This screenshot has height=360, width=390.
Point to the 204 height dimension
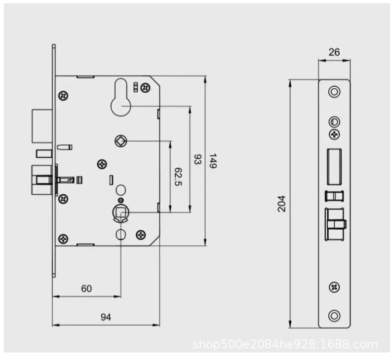tap(281, 203)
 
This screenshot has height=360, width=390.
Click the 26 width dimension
tap(334, 53)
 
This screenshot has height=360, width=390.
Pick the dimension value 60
tap(86, 289)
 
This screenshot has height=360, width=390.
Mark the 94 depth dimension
tap(106, 318)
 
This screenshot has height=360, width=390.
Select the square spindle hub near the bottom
tap(121, 213)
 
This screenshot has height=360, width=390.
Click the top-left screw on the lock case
tap(63, 95)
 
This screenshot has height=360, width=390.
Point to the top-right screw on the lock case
tap(145, 87)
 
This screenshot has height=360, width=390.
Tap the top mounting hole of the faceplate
tap(334, 92)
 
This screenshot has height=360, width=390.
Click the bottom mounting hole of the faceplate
tap(334, 315)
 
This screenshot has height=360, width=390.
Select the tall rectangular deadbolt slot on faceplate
tap(334, 164)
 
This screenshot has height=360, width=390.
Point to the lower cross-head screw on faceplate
tap(334, 287)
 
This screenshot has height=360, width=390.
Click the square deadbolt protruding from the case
tap(40, 125)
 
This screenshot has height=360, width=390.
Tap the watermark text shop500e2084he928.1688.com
tap(285, 344)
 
